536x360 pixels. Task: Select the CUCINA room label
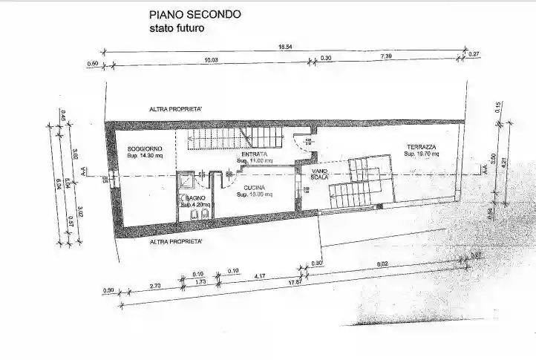pyautogui.click(x=252, y=187)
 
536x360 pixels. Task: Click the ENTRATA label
pyautogui.click(x=254, y=154)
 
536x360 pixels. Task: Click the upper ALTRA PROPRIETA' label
pyautogui.click(x=176, y=109)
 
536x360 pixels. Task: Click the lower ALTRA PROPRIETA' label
pyautogui.click(x=176, y=242)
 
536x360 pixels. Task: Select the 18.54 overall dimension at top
pyautogui.click(x=286, y=47)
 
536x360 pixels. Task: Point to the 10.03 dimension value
pyautogui.click(x=211, y=59)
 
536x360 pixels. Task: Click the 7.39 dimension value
pyautogui.click(x=386, y=57)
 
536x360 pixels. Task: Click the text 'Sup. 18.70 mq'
pyautogui.click(x=422, y=154)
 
